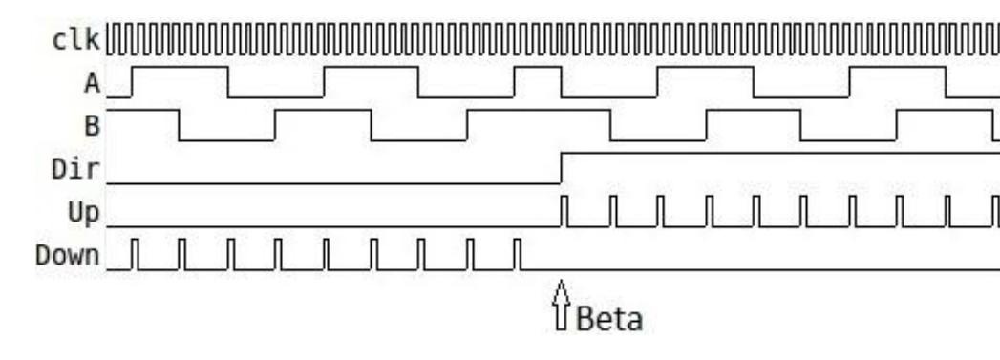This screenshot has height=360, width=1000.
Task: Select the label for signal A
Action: (x=92, y=83)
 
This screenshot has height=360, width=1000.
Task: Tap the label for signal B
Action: (x=93, y=126)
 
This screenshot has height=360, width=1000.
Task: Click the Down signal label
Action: (x=67, y=255)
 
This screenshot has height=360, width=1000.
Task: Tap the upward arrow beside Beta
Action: (x=562, y=305)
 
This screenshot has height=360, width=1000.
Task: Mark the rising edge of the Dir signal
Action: (x=562, y=167)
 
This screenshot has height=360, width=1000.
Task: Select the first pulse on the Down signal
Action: (x=135, y=254)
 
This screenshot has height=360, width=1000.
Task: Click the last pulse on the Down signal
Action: (x=517, y=254)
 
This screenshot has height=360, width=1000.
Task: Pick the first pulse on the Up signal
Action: (x=564, y=211)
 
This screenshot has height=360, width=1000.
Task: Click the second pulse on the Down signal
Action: (x=181, y=254)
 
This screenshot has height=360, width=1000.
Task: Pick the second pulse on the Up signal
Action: (x=612, y=211)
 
